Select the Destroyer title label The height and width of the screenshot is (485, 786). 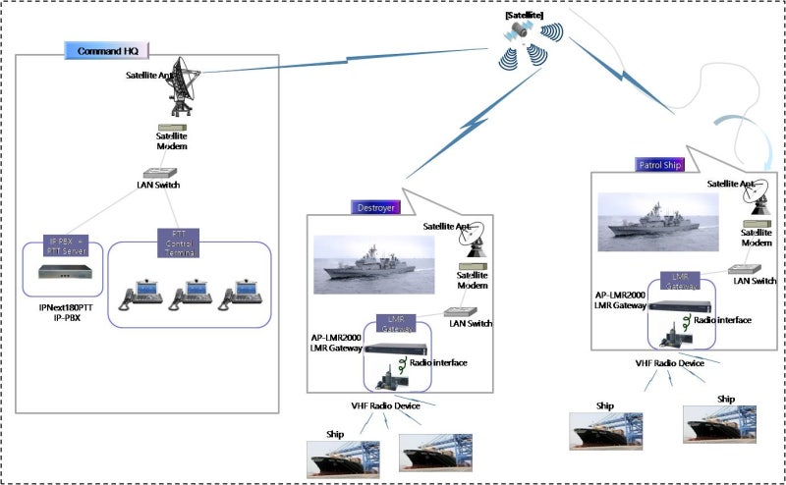click(x=375, y=207)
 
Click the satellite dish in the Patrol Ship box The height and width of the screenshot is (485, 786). click(x=758, y=200)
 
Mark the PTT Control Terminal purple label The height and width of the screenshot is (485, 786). click(x=179, y=242)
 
